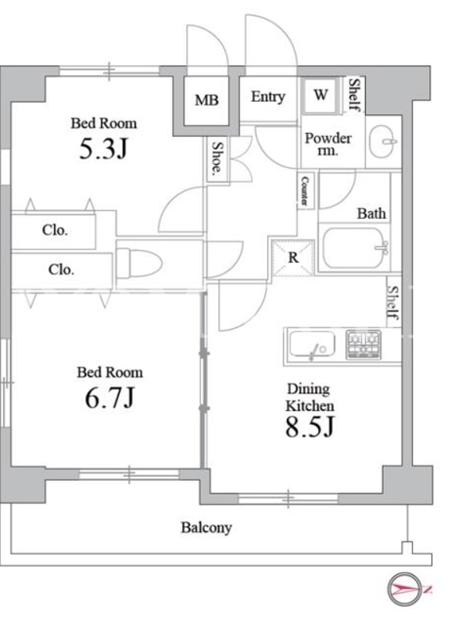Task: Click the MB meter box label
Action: click(x=206, y=100)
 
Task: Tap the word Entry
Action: click(x=268, y=97)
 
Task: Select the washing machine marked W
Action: click(x=320, y=95)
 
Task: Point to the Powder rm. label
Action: click(x=328, y=144)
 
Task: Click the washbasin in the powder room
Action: click(x=383, y=141)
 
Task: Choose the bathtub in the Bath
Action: click(x=356, y=248)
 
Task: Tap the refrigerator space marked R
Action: click(x=293, y=258)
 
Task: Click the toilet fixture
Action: click(x=139, y=262)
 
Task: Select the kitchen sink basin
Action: click(x=312, y=345)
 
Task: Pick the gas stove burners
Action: click(x=363, y=345)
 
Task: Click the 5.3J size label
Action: click(x=103, y=148)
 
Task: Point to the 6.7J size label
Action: click(x=109, y=398)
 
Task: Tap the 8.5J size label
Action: click(x=310, y=427)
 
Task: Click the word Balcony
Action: click(x=206, y=528)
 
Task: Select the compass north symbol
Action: click(x=405, y=589)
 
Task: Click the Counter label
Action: click(x=305, y=191)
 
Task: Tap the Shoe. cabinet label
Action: click(x=217, y=159)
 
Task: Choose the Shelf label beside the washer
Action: click(x=355, y=95)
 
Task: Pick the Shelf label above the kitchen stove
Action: click(x=393, y=303)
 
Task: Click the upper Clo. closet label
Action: click(x=55, y=230)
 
